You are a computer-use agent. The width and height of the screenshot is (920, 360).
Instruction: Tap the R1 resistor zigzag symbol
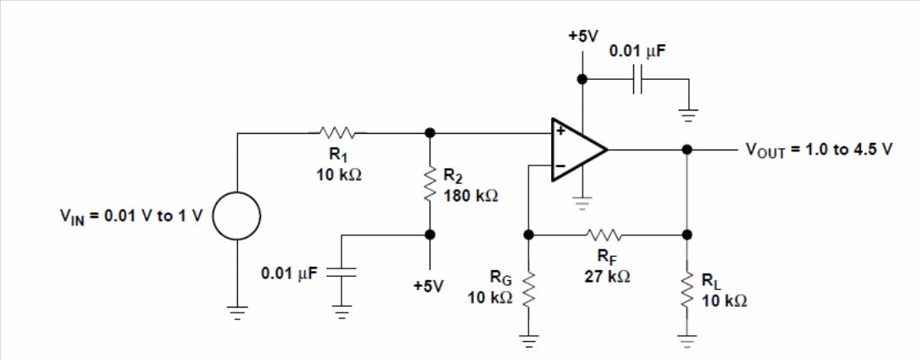click(337, 133)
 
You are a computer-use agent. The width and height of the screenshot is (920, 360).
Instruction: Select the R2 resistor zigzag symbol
click(430, 185)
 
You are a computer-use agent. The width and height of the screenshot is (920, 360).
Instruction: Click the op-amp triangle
click(578, 149)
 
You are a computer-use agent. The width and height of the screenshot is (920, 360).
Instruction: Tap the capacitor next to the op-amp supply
click(637, 79)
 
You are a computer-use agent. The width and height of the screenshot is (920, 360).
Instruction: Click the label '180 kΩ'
click(470, 195)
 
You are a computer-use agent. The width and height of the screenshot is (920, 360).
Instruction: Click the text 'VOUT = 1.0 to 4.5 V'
click(819, 150)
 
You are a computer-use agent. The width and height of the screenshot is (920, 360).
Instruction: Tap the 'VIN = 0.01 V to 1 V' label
click(130, 216)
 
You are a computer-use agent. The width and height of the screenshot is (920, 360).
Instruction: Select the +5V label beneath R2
click(428, 286)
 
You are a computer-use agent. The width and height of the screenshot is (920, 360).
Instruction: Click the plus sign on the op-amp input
click(560, 131)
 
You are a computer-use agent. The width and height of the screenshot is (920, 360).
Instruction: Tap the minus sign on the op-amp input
click(560, 167)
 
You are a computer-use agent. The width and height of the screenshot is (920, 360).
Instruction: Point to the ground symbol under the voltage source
click(237, 313)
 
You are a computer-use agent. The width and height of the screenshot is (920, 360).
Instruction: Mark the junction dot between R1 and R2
click(430, 133)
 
